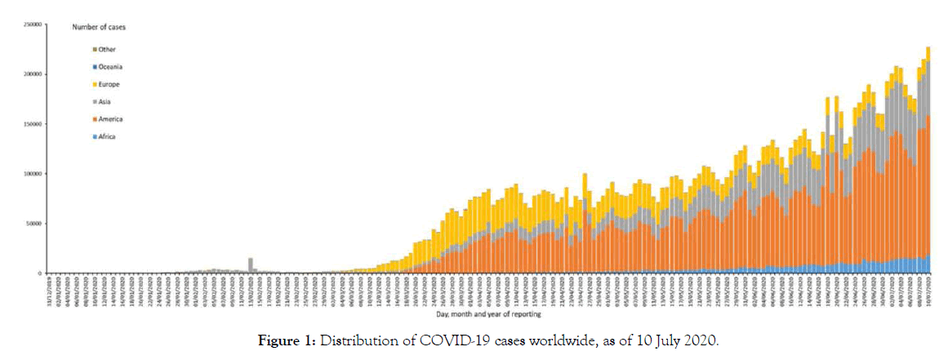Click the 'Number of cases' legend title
[x=99, y=27]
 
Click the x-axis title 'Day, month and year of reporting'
[x=487, y=313]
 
